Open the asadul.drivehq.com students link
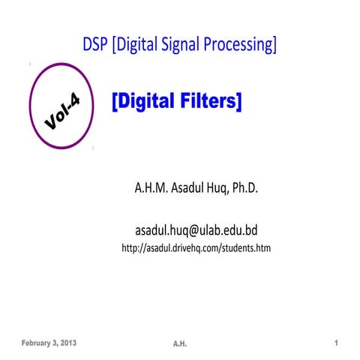(x=195, y=248)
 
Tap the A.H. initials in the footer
(x=179, y=343)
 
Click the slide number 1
(x=337, y=343)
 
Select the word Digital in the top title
(x=136, y=45)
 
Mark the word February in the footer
(x=35, y=343)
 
